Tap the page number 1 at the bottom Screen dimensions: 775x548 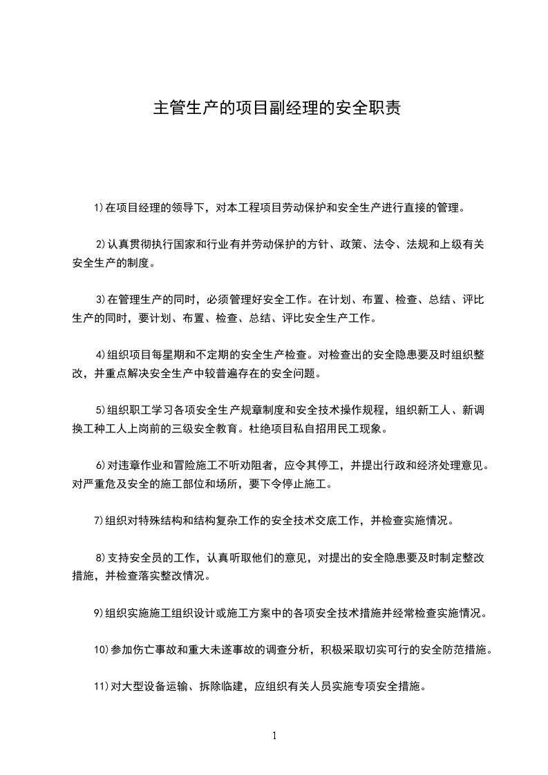[x=274, y=736]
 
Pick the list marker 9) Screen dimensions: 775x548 [x=98, y=613]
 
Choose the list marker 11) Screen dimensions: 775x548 [x=101, y=687]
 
